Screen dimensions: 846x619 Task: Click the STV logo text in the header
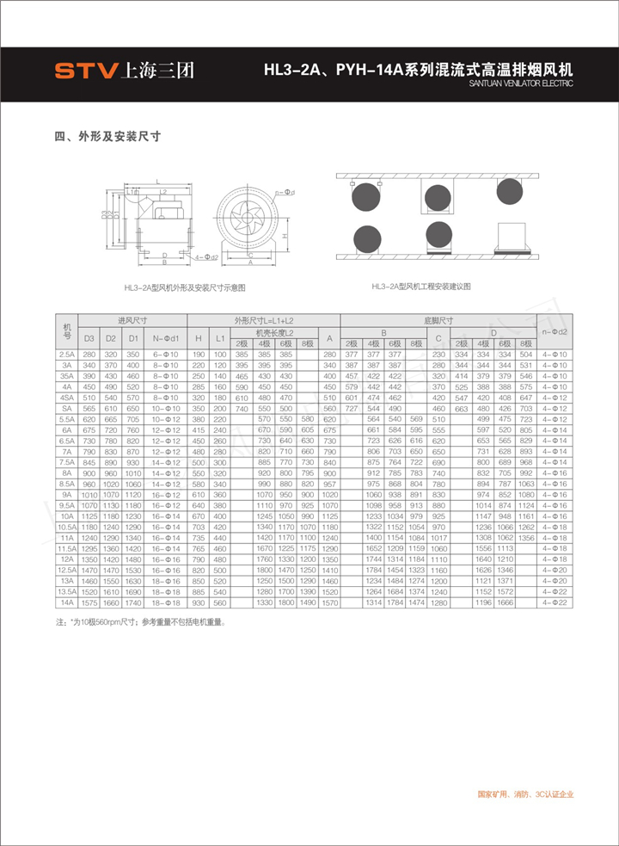(87, 71)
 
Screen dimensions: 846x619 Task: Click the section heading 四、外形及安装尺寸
(108, 136)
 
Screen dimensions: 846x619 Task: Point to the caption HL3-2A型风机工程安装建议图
(421, 286)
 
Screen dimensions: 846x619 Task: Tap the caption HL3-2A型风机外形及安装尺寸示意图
(185, 287)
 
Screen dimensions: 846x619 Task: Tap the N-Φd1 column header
(165, 337)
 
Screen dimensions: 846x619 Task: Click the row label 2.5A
(67, 354)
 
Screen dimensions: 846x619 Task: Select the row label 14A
(67, 602)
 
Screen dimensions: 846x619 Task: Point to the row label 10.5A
(67, 527)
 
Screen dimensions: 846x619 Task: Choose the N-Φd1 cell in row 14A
(165, 602)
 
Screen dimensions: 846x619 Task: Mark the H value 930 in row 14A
(199, 602)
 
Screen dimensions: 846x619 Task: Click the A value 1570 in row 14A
(329, 602)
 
